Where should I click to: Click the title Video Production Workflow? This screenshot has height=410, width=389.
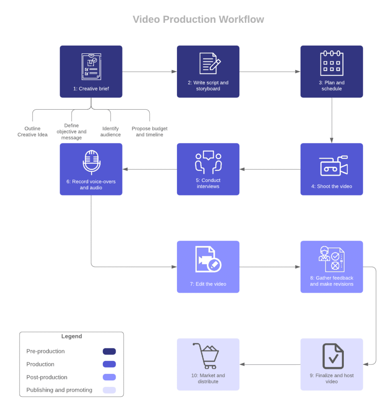coord(198,19)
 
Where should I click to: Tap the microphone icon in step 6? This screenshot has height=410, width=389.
coord(92,162)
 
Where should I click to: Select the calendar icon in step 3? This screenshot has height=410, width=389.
coord(332,63)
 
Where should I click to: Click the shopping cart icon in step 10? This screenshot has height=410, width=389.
coord(206,356)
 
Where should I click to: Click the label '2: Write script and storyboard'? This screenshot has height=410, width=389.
coord(208,86)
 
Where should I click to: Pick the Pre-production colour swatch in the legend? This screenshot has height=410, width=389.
coord(109,351)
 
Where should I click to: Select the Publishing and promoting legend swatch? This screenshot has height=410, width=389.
coord(109,390)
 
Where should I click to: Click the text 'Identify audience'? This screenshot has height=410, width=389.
coord(110,132)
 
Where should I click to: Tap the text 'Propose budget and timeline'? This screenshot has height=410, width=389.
coord(150,132)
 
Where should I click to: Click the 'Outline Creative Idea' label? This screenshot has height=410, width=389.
coord(32,132)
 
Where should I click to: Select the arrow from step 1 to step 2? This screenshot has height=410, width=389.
coord(149,72)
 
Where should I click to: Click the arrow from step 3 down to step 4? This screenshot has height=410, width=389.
coord(332,120)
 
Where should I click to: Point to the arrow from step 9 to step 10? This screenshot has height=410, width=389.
coord(270,364)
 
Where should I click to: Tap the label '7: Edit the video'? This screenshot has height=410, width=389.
coord(208,284)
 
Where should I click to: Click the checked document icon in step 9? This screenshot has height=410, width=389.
coord(333,356)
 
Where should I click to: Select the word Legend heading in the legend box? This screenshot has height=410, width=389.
coord(72,336)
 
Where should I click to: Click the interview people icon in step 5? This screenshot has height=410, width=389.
coord(208,162)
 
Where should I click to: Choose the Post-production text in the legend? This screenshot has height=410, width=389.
coord(47,377)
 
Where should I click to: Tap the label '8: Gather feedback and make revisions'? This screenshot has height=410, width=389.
coord(332,281)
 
